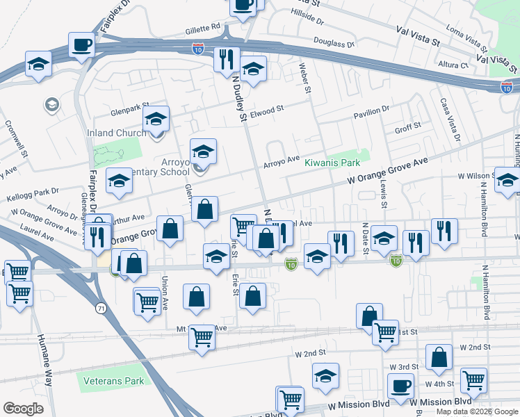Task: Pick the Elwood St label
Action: pos(268,109)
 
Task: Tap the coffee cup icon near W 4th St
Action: pos(400,386)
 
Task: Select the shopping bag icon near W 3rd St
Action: pos(439,358)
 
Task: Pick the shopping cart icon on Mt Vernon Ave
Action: pos(202,338)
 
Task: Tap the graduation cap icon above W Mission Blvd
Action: pos(325,375)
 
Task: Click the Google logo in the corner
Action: pos(23,409)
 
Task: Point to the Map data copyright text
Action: pos(476,411)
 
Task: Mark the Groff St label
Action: pos(407,127)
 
